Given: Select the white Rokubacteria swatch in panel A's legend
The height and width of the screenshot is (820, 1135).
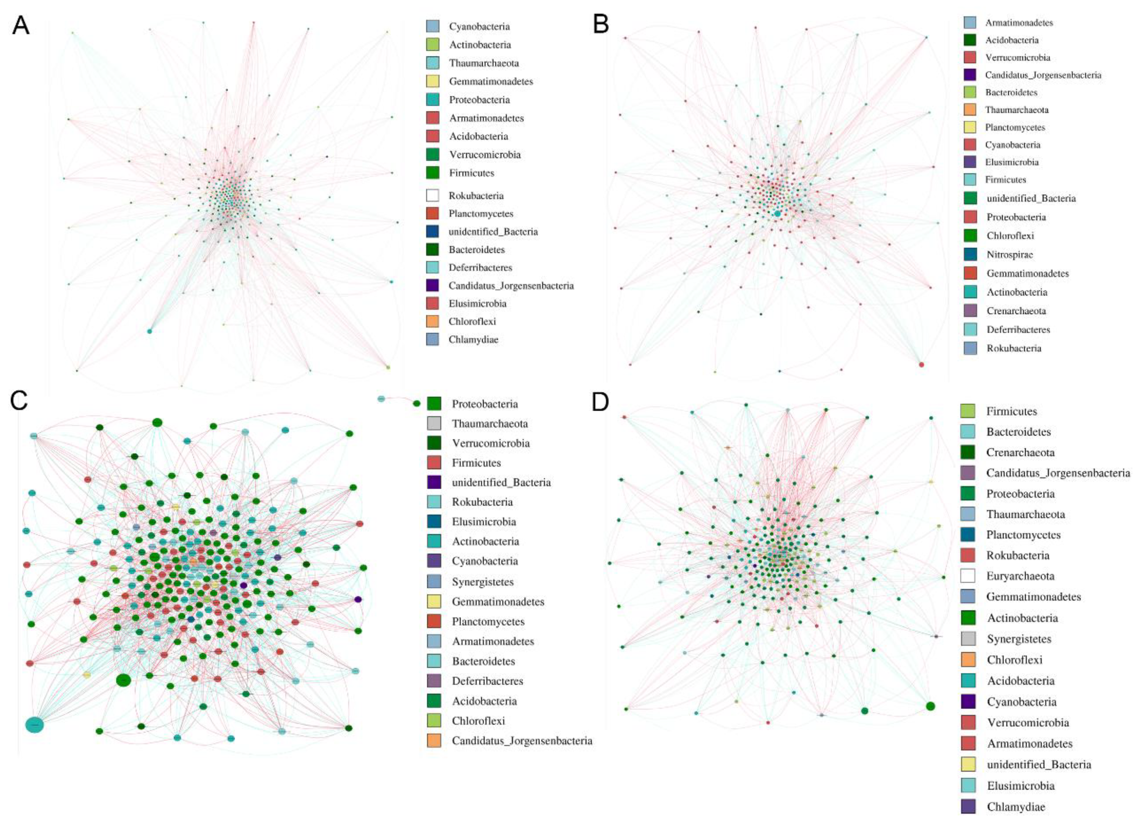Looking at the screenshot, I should point(432,195).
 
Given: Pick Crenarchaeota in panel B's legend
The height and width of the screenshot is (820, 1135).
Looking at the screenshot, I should point(1016,311).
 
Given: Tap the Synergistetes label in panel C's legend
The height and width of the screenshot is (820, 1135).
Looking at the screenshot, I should point(483,581).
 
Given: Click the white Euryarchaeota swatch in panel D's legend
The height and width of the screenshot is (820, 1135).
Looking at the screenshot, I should point(967,576).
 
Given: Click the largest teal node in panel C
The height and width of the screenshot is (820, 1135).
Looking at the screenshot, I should point(34,724).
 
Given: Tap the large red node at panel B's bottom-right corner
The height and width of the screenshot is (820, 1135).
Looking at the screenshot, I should point(921,364).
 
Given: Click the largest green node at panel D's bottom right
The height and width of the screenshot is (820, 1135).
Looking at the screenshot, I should point(930,706).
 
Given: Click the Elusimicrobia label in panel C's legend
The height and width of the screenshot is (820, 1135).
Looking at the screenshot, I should point(484,521).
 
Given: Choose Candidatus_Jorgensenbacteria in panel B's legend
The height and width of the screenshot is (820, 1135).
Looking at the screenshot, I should point(1043,75).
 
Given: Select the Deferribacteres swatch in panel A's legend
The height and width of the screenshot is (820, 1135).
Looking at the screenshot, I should point(432,267).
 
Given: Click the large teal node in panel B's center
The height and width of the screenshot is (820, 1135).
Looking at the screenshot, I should point(777,214).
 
